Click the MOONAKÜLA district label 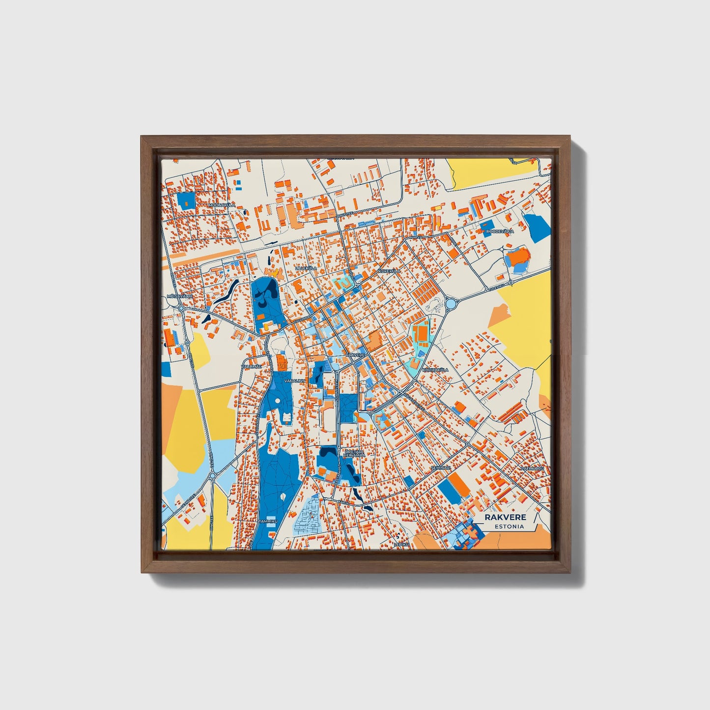click(222, 204)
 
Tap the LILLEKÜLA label click(306, 268)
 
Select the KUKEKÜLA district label click(390, 271)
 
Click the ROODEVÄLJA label click(500, 231)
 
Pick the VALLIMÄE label click(252, 366)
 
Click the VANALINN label click(294, 381)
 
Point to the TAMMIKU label click(268, 521)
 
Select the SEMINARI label click(440, 468)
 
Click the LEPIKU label click(401, 544)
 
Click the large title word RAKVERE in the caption click(505, 517)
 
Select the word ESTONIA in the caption click(509, 526)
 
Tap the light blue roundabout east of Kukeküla click(451, 304)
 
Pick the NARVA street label click(416, 236)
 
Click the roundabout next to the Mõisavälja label click(181, 308)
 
